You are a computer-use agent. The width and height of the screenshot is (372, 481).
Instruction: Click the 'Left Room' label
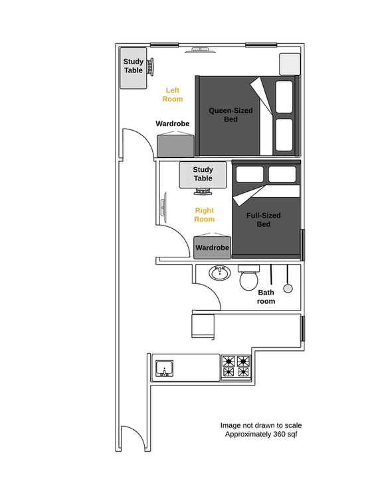tap(173, 94)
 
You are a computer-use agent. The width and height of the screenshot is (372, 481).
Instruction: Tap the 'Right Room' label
tap(204, 214)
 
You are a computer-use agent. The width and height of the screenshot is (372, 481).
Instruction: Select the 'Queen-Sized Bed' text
tap(231, 114)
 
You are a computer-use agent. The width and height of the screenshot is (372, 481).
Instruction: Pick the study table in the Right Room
tap(203, 174)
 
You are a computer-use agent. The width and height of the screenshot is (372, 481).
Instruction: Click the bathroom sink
tap(219, 273)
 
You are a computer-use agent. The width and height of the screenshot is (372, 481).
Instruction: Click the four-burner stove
tap(236, 367)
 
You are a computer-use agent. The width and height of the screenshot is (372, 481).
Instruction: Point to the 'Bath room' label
tap(266, 297)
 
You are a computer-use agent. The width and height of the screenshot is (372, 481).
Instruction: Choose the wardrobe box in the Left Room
tap(175, 145)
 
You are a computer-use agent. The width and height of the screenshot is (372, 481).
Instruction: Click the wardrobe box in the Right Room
tap(212, 247)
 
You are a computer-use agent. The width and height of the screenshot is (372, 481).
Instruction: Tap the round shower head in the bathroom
tap(288, 288)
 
